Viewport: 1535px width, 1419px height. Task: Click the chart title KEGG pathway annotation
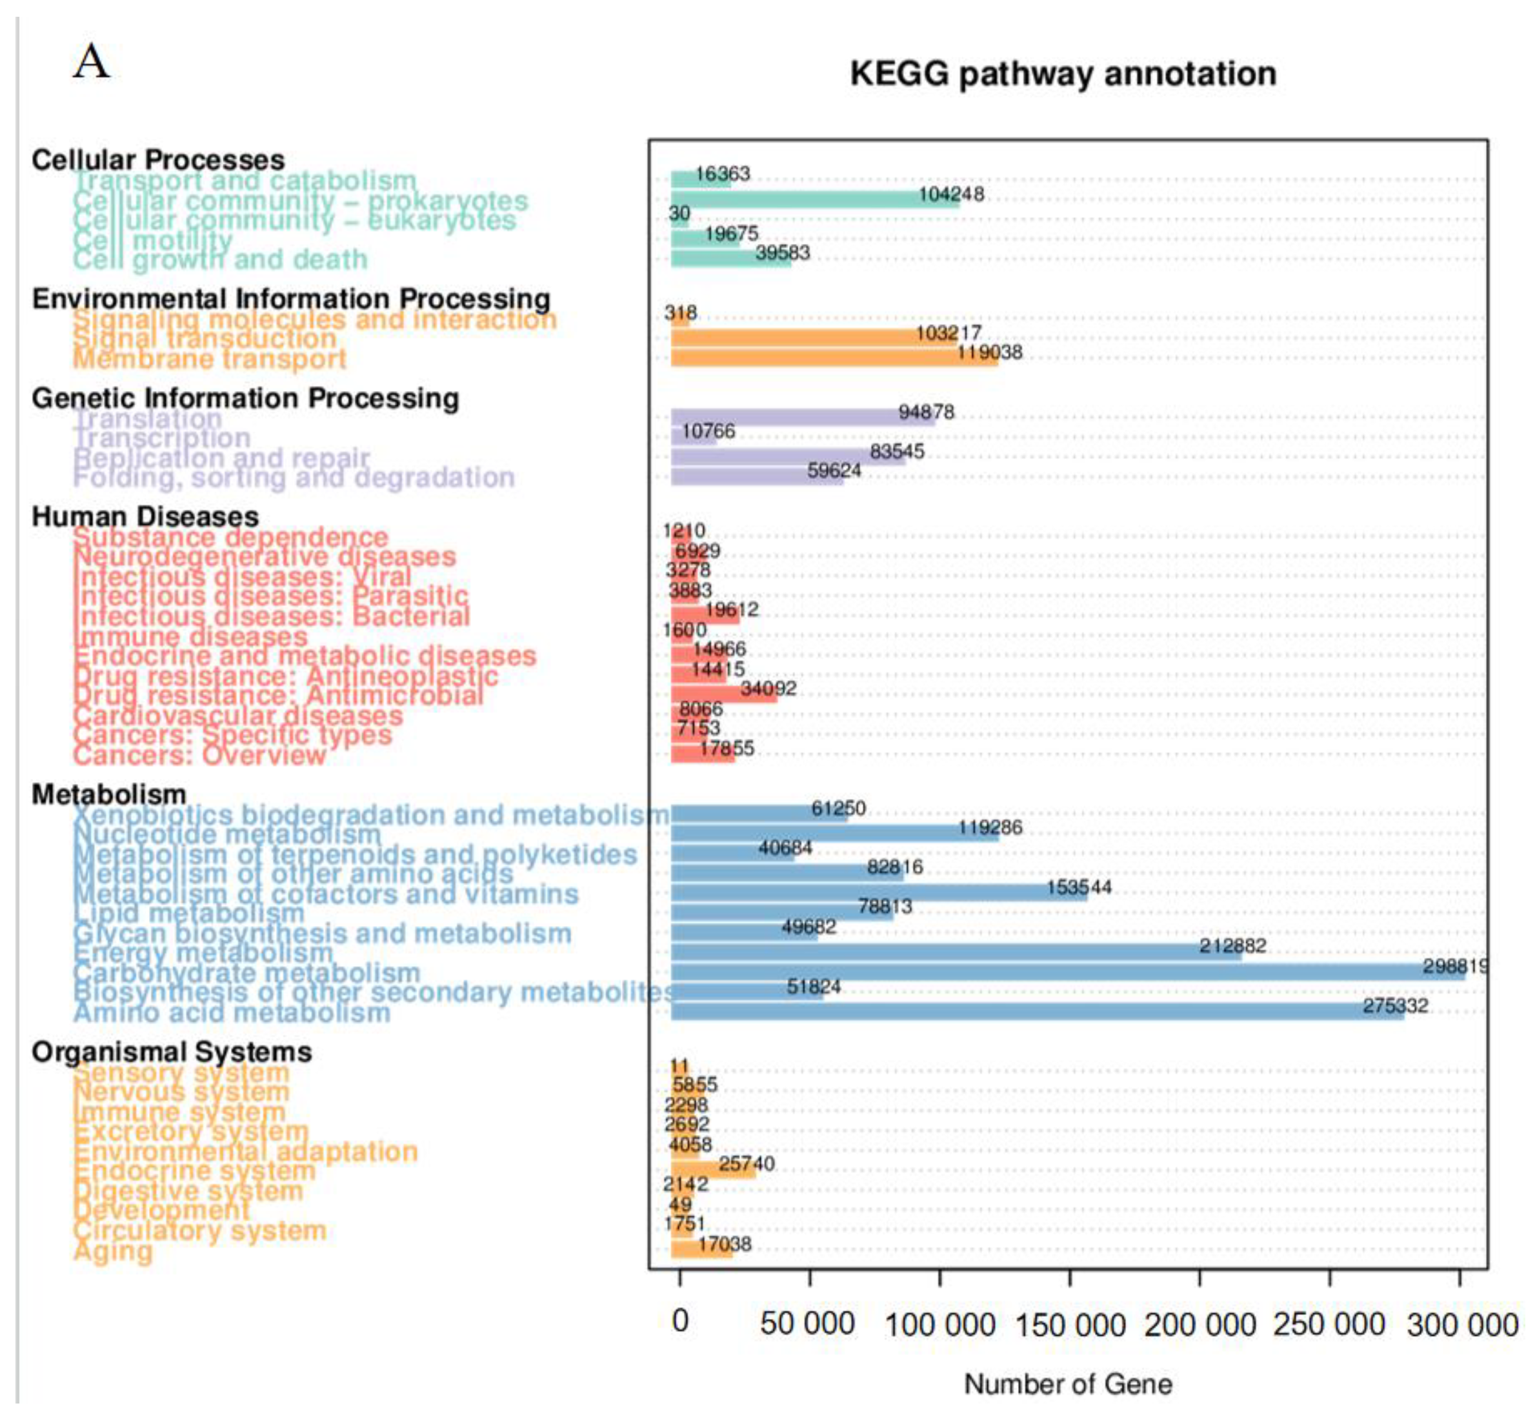click(1063, 74)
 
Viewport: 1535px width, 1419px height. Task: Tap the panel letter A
click(92, 61)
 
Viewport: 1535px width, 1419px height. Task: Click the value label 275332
click(1394, 1005)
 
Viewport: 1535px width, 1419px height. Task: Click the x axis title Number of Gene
click(1067, 1384)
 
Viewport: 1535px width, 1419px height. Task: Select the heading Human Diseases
click(145, 517)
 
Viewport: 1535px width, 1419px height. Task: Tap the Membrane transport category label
click(210, 359)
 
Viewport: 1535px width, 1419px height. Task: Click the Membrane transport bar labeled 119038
click(834, 357)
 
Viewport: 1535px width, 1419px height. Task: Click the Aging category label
click(113, 1251)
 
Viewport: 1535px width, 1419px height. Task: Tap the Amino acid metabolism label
click(232, 1013)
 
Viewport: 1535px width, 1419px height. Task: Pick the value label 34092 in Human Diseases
click(768, 689)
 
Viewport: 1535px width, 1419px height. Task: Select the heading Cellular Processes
click(158, 160)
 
